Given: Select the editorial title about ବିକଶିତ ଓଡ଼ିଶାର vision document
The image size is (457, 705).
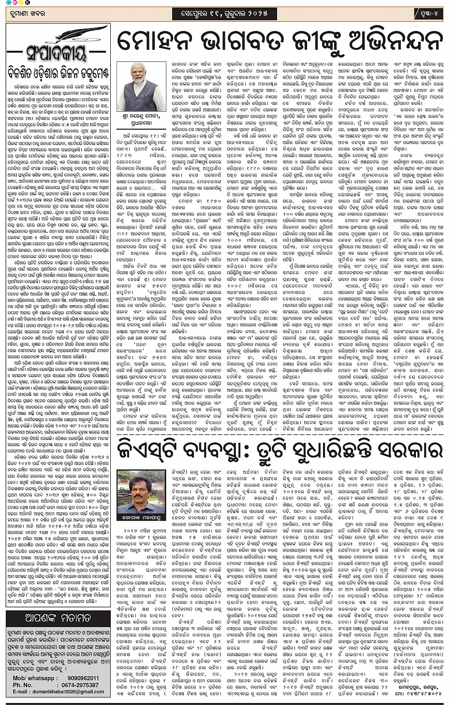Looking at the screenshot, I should click(58, 74).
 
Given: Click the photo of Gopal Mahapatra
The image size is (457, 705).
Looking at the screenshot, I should click(141, 491).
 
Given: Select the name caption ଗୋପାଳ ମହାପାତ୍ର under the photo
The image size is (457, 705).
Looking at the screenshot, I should click(141, 518).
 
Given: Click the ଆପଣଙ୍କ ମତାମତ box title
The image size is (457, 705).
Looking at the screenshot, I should click(58, 618).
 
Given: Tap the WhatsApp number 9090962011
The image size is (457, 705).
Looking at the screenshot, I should click(76, 678).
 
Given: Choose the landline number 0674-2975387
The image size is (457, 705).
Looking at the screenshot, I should click(77, 685).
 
